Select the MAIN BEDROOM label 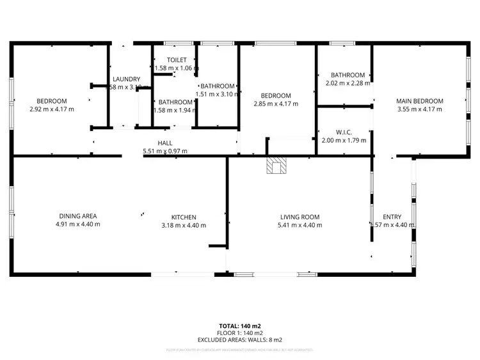coord(420,101)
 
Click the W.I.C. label coord(337,132)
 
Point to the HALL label coord(165,143)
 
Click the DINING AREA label coord(78,216)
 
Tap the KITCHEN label coord(183,217)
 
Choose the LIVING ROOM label coord(300,217)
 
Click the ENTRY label coord(392,217)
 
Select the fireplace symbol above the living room coord(276,166)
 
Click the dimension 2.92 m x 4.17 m coord(51,109)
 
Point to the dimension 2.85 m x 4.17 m coord(275,104)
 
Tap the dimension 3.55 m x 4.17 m coord(420,109)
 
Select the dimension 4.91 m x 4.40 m coord(78,224)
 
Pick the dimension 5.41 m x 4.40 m coord(300,225)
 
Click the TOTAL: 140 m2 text coord(240,326)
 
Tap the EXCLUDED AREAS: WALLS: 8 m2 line coord(240,340)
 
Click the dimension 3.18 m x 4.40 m coord(183,225)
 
